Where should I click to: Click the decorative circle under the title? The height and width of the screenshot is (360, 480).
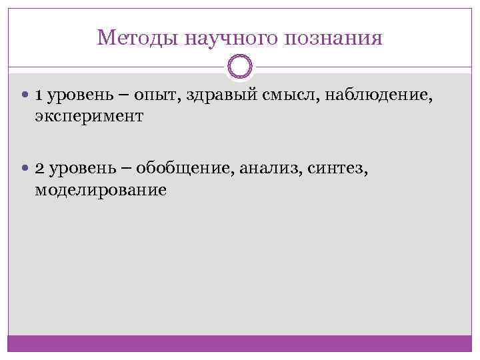tap(240, 67)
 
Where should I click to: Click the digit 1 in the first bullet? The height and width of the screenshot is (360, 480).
tap(39, 97)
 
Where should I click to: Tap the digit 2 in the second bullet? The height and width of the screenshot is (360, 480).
tap(39, 170)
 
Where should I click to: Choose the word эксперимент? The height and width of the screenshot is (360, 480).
tap(89, 117)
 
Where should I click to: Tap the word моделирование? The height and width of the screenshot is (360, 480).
tap(101, 190)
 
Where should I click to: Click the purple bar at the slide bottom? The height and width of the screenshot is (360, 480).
tap(240, 343)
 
